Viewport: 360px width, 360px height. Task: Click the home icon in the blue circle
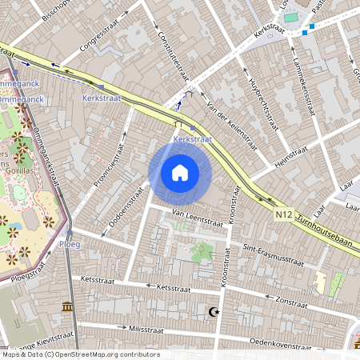(x=180, y=172)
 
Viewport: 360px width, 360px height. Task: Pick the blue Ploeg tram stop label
(x=70, y=245)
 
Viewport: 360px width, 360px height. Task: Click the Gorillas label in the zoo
(x=18, y=170)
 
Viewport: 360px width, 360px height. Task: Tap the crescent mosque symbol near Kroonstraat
(x=213, y=311)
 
